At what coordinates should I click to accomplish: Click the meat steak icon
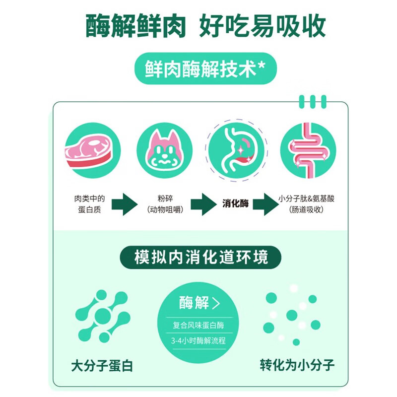point(93,150)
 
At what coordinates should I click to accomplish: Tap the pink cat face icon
point(165,150)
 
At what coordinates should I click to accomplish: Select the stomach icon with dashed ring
point(237,150)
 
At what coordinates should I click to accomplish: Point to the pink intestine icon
point(308,150)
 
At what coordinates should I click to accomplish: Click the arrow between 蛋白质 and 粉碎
point(125,204)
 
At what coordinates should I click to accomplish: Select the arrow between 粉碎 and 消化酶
point(204,204)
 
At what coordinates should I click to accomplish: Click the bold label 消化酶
point(235,203)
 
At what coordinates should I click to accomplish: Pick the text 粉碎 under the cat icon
point(165,198)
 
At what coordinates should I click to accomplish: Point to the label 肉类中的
point(89,198)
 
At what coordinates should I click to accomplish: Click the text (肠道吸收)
point(306,209)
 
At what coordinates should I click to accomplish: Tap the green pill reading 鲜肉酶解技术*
point(205,68)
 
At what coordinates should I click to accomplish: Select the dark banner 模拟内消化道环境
point(200,257)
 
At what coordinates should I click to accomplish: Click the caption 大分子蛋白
point(102,366)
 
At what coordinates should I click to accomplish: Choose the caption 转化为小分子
point(297,365)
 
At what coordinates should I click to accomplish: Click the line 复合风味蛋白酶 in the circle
point(198,325)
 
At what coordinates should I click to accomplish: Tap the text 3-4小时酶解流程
point(198,340)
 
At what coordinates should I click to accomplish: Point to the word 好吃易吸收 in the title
point(263,26)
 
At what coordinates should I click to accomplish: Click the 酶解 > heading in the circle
point(199,303)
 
